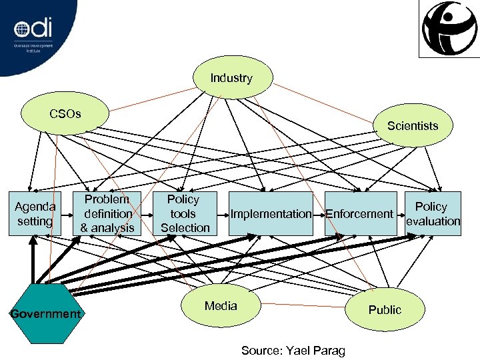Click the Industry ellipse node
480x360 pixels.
pyautogui.click(x=232, y=78)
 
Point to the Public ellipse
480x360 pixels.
pyautogui.click(x=385, y=309)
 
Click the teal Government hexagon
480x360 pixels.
pyautogui.click(x=45, y=313)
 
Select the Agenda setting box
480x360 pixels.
pyautogui.click(x=35, y=213)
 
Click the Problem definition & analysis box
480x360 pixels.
pyautogui.click(x=107, y=213)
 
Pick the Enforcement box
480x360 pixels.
pyautogui.click(x=360, y=213)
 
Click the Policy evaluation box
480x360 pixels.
pyautogui.click(x=433, y=213)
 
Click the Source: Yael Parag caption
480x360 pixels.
pyautogui.click(x=293, y=350)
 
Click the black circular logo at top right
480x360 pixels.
pyautogui.click(x=449, y=28)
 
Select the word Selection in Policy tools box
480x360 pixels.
pyautogui.click(x=185, y=227)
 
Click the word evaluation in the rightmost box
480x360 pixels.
pyautogui.click(x=433, y=221)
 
